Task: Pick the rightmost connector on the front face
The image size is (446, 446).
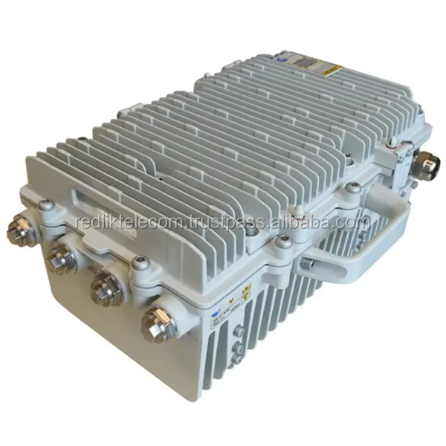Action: click(x=158, y=322)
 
